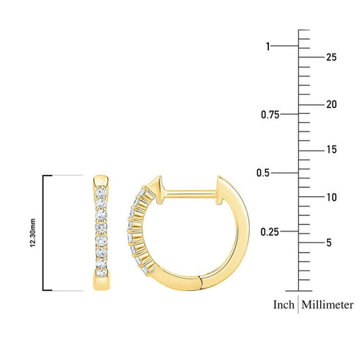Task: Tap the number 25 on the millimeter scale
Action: click(331, 57)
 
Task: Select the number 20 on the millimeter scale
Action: click(331, 104)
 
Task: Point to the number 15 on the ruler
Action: click(331, 150)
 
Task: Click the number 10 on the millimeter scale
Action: click(331, 197)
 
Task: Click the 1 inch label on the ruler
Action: click(268, 46)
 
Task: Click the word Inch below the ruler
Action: click(284, 304)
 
